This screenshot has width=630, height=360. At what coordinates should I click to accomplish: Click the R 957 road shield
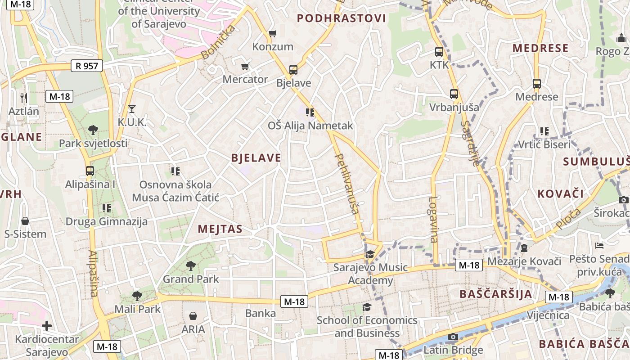coord(87,66)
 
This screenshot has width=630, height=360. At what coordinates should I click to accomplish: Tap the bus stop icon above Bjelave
coord(293,70)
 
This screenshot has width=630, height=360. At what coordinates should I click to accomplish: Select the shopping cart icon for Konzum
coord(272,33)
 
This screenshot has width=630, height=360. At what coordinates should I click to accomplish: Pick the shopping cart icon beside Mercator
coord(245,67)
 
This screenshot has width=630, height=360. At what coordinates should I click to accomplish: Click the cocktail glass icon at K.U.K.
coord(132,108)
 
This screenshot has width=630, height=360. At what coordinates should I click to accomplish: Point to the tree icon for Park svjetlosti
coord(93,130)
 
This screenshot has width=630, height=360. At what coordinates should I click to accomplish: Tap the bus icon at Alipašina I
coord(90,171)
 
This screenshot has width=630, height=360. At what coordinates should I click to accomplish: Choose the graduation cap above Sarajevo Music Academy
coord(370,255)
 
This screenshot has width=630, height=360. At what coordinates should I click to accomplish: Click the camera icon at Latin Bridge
coord(453,337)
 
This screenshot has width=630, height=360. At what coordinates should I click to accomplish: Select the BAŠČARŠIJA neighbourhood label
coord(496,294)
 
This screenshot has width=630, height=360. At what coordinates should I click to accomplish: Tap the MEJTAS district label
coord(220,229)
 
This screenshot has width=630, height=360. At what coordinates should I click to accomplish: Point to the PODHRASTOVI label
coord(342,18)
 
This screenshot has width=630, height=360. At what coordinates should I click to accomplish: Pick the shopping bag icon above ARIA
coord(193,316)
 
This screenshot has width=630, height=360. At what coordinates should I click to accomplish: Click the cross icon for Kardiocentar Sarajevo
coord(47,325)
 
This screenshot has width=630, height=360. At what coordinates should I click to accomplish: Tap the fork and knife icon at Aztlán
coord(24,98)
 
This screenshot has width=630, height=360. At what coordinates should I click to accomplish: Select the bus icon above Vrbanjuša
coord(454,94)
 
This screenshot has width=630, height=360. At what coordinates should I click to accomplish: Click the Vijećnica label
coord(548,315)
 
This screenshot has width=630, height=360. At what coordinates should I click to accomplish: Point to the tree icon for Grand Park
coord(191,265)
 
